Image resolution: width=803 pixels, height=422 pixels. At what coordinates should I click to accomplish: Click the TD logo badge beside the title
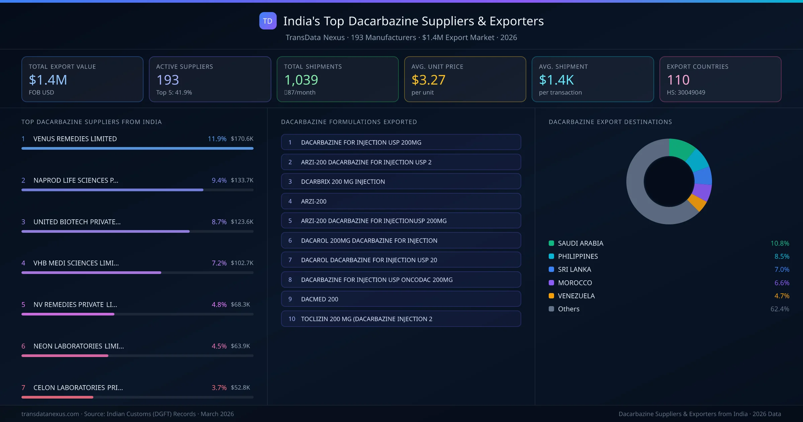coord(268,21)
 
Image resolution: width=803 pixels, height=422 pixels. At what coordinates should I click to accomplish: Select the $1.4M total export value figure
coord(48,80)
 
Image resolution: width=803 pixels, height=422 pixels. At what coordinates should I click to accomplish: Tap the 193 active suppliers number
coord(168,80)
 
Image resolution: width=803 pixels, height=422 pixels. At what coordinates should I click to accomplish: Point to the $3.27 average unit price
coord(428,80)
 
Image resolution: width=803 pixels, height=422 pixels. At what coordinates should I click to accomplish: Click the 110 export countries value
coord(678,80)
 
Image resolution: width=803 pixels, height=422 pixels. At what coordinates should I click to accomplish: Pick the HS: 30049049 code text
coord(686,92)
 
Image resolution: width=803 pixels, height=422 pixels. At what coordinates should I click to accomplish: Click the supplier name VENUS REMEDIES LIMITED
coord(75,139)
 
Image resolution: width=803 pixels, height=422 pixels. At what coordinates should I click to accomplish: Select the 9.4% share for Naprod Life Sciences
coord(219,180)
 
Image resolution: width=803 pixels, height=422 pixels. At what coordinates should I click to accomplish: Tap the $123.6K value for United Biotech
coord(242,222)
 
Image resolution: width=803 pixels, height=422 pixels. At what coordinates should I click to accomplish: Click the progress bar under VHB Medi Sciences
coord(91,273)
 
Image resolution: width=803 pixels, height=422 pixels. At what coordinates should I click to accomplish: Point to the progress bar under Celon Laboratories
coord(57,397)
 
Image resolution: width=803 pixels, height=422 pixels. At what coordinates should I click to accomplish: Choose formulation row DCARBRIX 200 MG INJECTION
coord(401,182)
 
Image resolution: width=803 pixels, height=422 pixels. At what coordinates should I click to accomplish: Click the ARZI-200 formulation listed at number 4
coord(401,201)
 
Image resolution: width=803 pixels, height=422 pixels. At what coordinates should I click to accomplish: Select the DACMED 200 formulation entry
coord(401,299)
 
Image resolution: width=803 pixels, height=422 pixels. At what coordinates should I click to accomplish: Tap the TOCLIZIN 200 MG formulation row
coord(401,319)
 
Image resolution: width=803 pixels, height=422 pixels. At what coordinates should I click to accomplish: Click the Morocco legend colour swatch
coord(551,283)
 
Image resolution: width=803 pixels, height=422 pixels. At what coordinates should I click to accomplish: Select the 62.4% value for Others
coord(780,309)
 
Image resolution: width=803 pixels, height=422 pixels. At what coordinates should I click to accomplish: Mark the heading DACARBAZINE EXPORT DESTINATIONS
coord(610,122)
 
